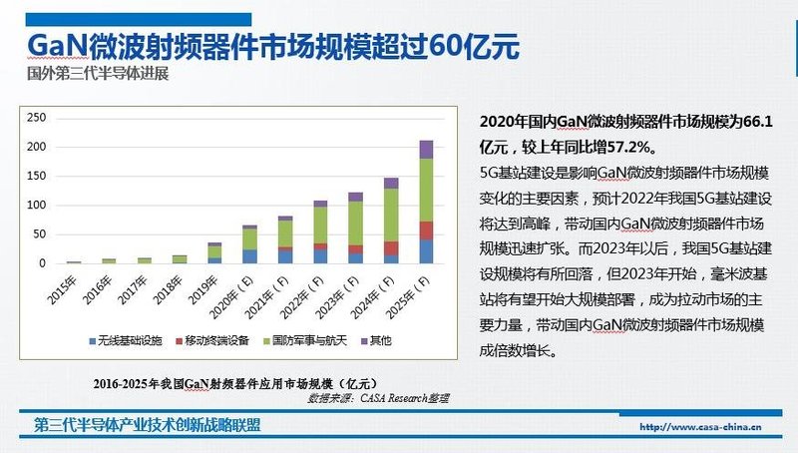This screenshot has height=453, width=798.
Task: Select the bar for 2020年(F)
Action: click(248, 245)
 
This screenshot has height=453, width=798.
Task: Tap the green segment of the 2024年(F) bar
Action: click(391, 215)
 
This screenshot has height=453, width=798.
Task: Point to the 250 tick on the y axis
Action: click(37, 118)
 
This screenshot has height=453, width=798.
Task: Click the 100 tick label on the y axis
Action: click(37, 206)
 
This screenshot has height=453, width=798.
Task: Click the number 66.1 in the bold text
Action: click(763, 122)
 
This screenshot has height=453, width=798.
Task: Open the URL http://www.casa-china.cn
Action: click(699, 426)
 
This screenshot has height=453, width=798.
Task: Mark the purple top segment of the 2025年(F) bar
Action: click(426, 150)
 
